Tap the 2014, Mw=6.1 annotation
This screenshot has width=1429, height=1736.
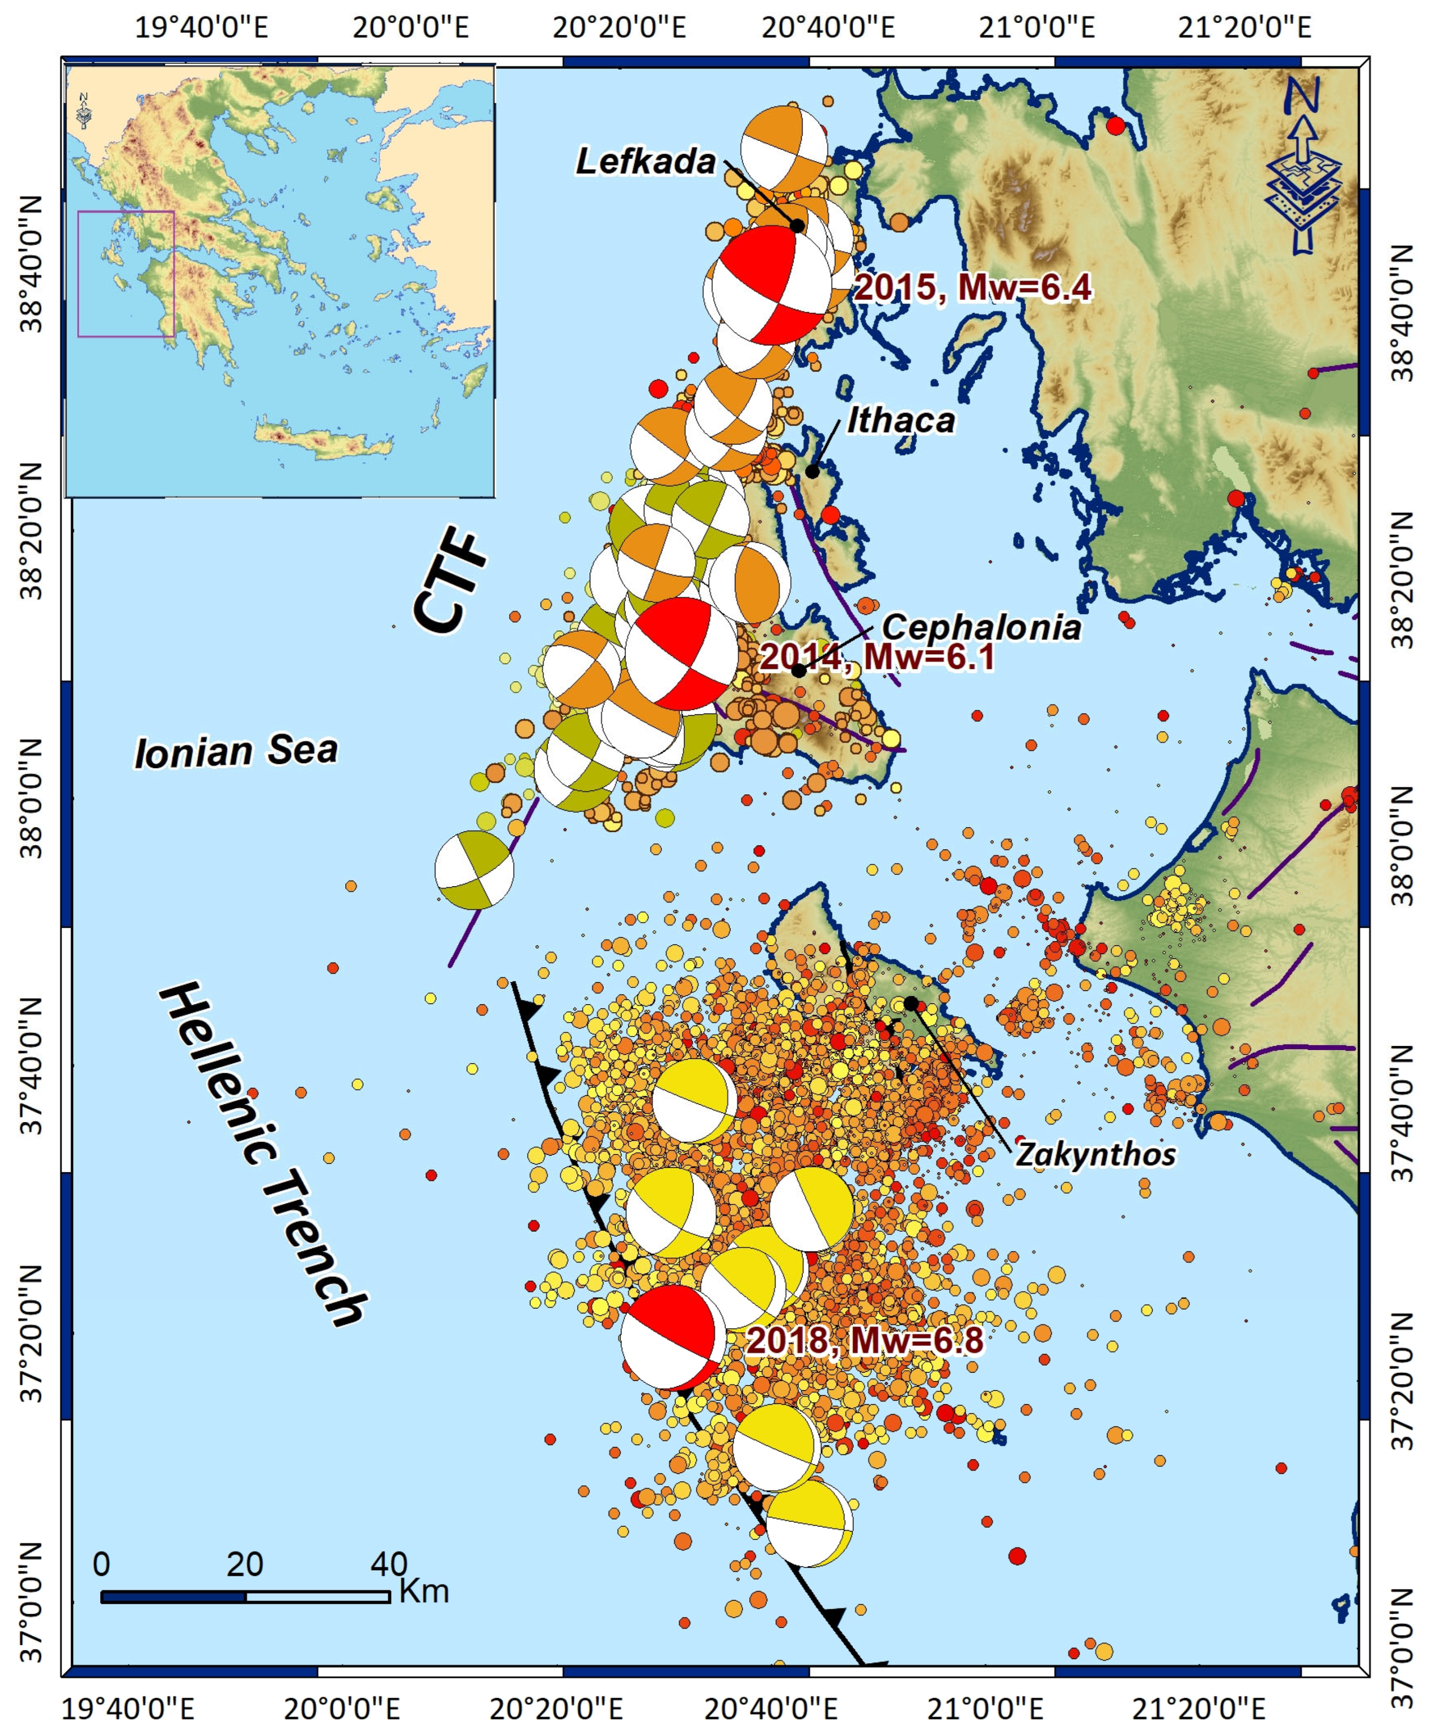click(x=877, y=657)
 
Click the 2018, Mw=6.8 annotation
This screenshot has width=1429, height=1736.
click(x=864, y=1340)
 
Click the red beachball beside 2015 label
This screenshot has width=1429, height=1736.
click(x=771, y=285)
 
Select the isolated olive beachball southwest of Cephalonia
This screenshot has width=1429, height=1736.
click(x=474, y=870)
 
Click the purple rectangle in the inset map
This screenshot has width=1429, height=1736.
click(x=126, y=274)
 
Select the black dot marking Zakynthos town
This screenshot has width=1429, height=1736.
click(x=911, y=1003)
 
